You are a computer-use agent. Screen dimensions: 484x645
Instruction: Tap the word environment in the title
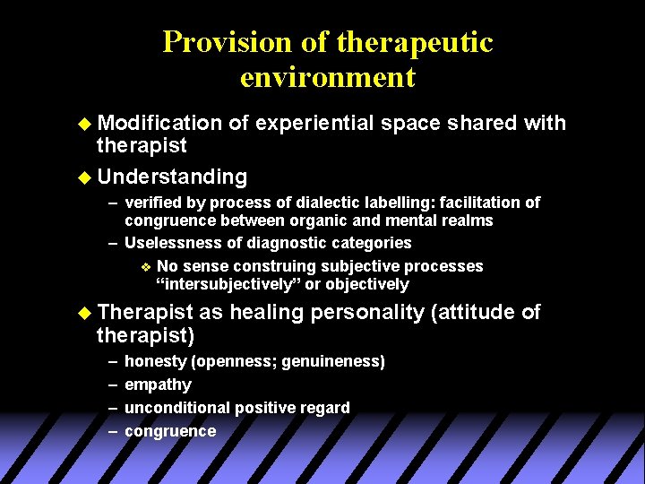[327, 77]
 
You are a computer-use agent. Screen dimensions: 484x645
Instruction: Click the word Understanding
[172, 177]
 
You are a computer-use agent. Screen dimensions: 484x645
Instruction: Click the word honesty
[155, 361]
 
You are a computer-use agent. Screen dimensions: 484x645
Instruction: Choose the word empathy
[158, 385]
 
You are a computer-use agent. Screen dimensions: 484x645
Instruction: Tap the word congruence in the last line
[170, 431]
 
